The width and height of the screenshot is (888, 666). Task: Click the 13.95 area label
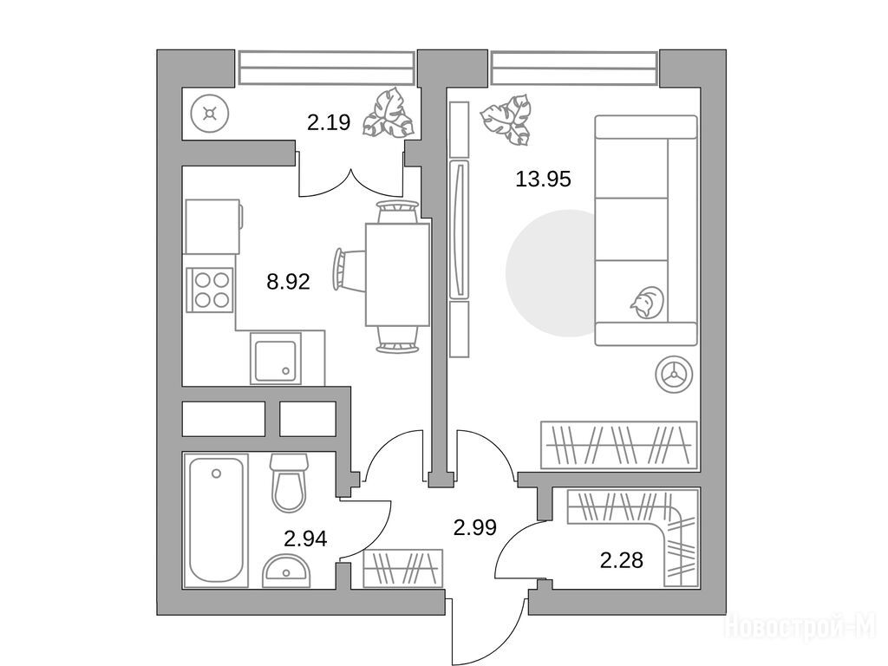point(543,180)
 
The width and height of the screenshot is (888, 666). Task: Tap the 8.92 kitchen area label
point(288,281)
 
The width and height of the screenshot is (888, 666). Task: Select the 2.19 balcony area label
point(329,122)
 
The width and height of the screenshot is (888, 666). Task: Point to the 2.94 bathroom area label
point(305,539)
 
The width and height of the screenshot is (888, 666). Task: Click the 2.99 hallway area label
point(475,527)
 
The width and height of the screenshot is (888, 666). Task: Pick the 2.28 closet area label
point(621,561)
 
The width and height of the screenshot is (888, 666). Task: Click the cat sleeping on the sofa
point(647,302)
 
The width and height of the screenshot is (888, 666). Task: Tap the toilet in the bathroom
point(289,482)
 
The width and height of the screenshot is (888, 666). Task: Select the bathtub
point(216,519)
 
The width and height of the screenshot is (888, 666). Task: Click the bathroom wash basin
point(286,571)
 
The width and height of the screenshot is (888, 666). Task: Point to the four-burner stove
point(210,290)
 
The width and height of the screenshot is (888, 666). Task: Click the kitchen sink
point(276,358)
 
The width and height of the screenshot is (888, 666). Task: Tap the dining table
point(397,275)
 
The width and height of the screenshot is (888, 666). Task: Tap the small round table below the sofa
point(674,375)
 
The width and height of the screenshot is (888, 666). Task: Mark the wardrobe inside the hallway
point(402,568)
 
